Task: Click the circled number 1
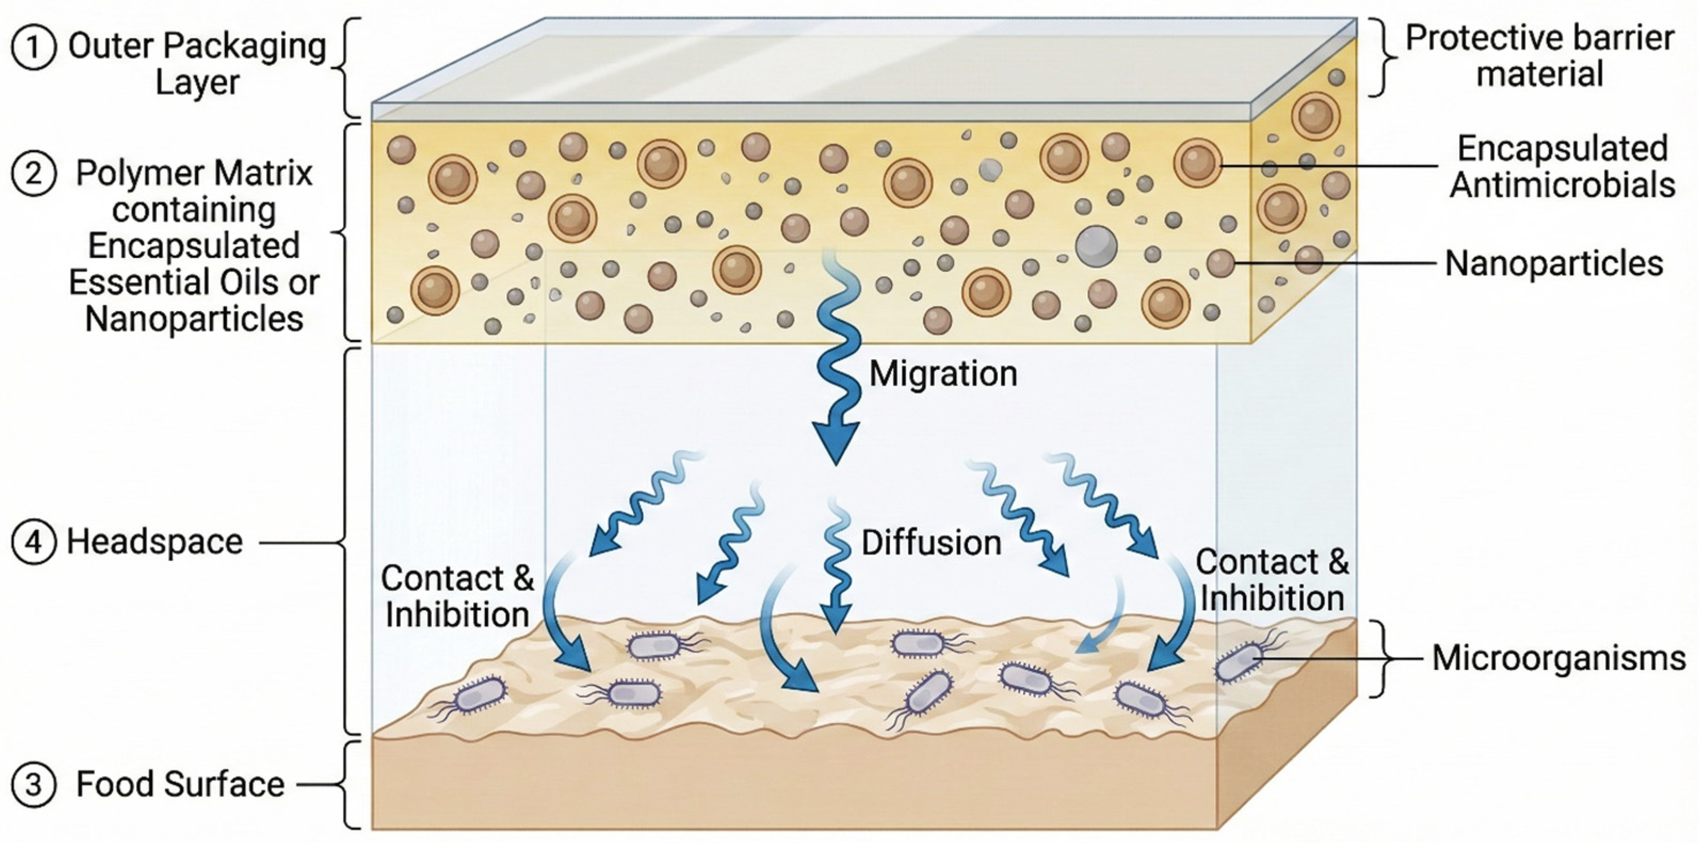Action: point(34,47)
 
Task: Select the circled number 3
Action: point(34,785)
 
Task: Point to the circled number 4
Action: point(34,542)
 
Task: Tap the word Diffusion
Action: point(931,543)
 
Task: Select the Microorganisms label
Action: point(1558,658)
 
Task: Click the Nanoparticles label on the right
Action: point(1554,264)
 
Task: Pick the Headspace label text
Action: point(155,542)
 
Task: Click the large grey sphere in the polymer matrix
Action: point(1096,246)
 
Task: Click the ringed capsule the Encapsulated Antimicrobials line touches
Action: point(1198,163)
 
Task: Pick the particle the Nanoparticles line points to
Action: point(1220,263)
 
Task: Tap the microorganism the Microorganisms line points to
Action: point(1239,661)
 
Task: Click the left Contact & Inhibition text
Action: point(457,596)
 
